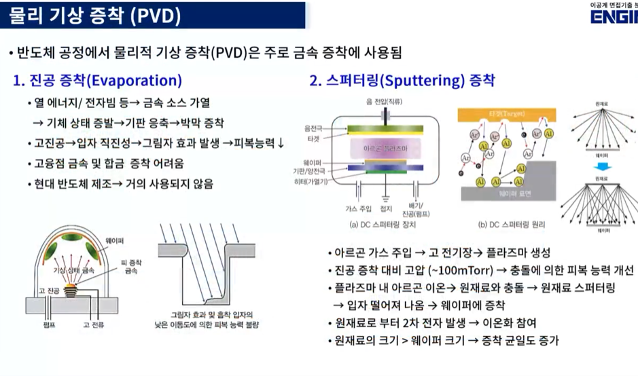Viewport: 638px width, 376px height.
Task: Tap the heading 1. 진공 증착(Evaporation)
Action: [98, 81]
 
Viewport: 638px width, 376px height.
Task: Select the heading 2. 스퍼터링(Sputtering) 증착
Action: [402, 81]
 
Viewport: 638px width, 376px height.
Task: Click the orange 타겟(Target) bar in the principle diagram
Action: [503, 113]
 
